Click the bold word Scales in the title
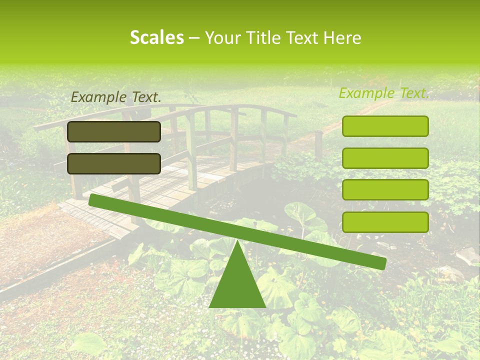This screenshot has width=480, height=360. coord(156,37)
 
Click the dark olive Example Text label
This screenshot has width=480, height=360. coord(116,97)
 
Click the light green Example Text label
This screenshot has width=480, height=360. coord(384,93)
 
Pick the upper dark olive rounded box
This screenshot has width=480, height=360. coord(114,131)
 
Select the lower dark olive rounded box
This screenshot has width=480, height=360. coord(114,163)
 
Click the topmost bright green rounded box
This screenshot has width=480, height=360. coord(385,126)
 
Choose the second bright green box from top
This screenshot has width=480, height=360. coord(385,158)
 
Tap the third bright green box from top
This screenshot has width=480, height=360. coord(385,190)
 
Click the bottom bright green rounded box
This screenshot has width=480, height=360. coord(385,222)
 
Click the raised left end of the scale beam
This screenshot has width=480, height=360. coord(94,200)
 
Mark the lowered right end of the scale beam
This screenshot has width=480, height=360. coord(380,262)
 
